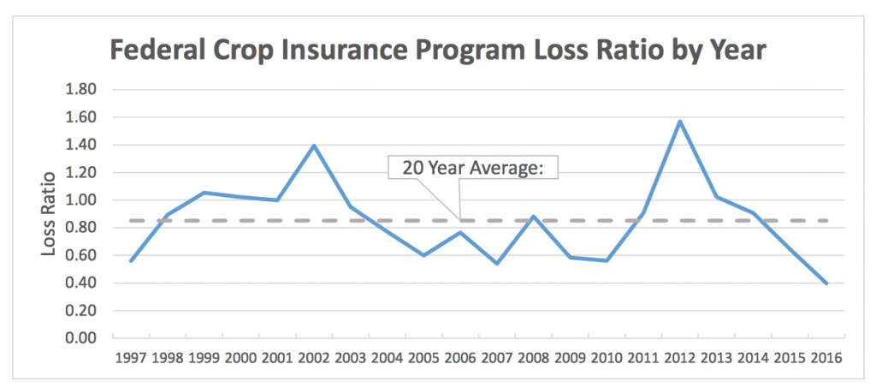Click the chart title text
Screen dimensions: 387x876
point(437,51)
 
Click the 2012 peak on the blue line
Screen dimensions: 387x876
point(679,121)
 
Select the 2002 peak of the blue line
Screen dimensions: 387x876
point(314,146)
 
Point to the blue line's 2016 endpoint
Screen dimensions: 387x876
point(826,283)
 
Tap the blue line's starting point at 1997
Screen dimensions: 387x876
point(131,261)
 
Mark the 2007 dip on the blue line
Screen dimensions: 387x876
point(497,264)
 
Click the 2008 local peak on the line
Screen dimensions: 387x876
point(534,217)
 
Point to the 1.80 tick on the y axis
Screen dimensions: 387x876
point(83,90)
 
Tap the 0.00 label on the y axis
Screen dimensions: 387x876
point(83,338)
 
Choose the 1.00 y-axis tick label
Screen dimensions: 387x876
point(83,200)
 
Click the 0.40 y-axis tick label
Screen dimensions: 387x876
point(83,283)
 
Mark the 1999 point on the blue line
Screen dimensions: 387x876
point(204,193)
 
